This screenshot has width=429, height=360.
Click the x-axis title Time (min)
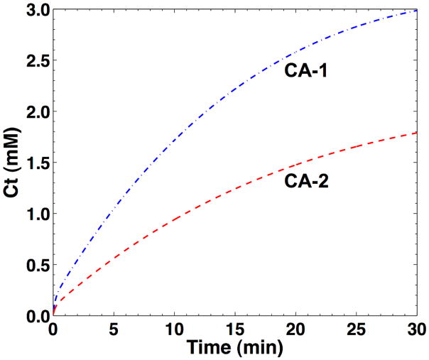234,348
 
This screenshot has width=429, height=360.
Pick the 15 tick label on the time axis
235,330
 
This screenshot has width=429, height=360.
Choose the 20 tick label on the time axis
296,330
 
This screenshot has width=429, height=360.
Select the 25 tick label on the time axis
357,330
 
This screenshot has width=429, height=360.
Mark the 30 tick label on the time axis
416,330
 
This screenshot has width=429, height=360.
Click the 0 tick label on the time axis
53,330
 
